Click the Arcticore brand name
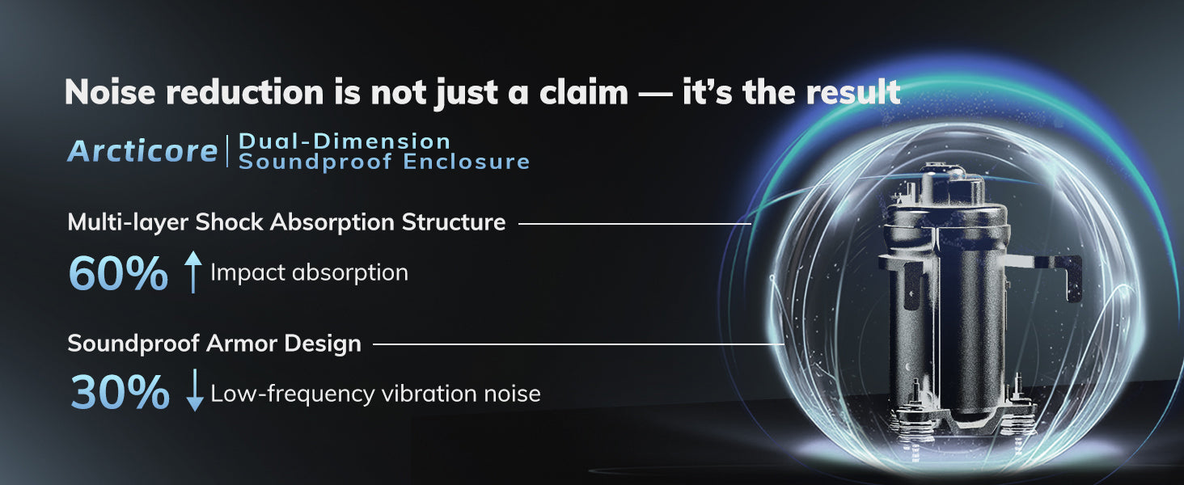tap(142, 151)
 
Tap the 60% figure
tap(118, 274)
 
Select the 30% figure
tap(120, 392)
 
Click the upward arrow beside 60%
tap(193, 272)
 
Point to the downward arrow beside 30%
tap(195, 390)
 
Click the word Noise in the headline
tap(110, 92)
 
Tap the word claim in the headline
tap(584, 92)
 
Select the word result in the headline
tap(853, 92)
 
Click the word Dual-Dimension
tap(345, 141)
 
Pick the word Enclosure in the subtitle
tap(466, 162)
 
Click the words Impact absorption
tap(309, 273)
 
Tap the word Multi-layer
tap(128, 222)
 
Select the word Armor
tap(242, 344)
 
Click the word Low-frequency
tap(292, 394)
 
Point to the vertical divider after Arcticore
tap(228, 151)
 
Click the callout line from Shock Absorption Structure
tap(635, 223)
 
